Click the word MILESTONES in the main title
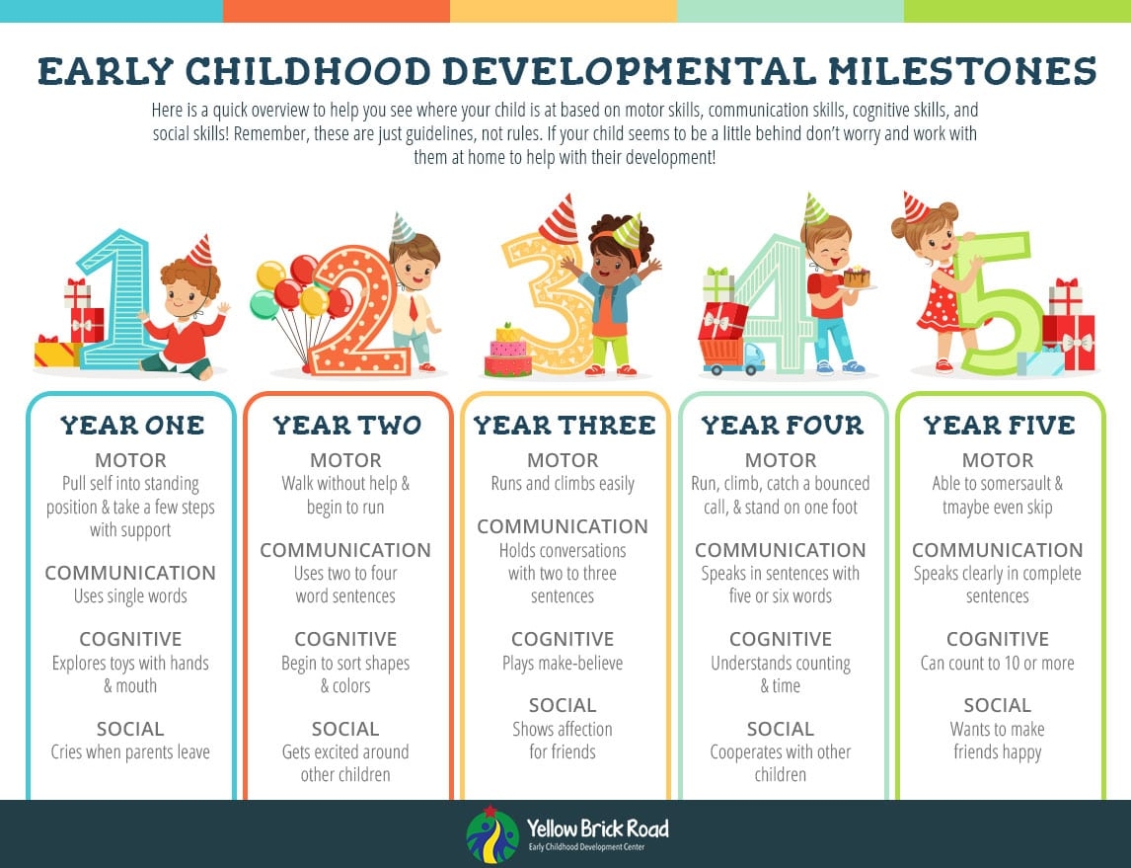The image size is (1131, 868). point(962,71)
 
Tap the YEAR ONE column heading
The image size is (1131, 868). point(132,425)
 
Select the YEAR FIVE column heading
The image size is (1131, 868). point(999,425)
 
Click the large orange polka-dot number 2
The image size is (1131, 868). point(358,310)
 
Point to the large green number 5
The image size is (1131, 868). point(999,303)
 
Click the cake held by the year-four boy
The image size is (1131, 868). point(857,277)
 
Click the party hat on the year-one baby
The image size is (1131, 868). point(201,251)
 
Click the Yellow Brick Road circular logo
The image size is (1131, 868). point(491,834)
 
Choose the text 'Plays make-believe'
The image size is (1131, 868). point(563,663)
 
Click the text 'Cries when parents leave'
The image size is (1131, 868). point(130,751)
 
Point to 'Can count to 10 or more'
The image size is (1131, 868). point(998,663)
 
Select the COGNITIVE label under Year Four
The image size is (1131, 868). point(781,639)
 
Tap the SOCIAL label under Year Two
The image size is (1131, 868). point(345,729)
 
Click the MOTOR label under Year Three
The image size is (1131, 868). point(563,460)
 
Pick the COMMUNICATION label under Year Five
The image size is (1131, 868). point(998,550)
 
